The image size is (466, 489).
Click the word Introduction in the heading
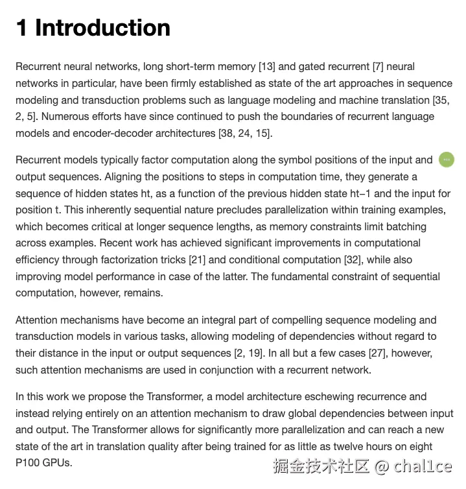102,28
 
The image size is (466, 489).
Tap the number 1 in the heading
21,28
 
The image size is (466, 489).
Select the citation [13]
268,66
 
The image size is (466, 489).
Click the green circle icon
447,159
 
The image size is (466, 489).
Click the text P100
29,463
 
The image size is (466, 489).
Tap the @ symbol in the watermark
382,466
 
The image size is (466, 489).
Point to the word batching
404,226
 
